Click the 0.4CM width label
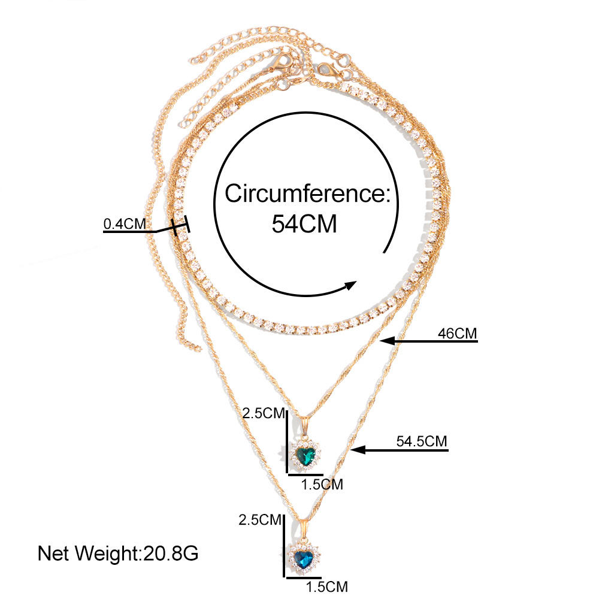[x=125, y=224]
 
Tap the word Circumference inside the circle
[x=307, y=194]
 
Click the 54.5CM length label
[x=422, y=441]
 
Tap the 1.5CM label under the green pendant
[x=322, y=485]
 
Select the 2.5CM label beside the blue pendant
[x=259, y=519]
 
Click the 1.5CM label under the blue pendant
[x=326, y=586]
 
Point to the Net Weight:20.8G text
[x=118, y=553]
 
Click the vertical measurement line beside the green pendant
[x=288, y=434]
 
